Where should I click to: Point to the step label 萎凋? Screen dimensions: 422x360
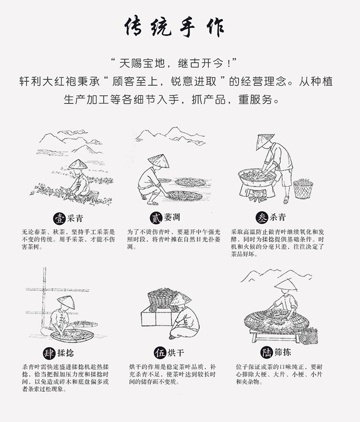coord(172,218)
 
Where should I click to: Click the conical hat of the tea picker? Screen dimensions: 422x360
coord(77,164)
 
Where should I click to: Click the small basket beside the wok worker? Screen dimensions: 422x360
coord(303,188)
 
